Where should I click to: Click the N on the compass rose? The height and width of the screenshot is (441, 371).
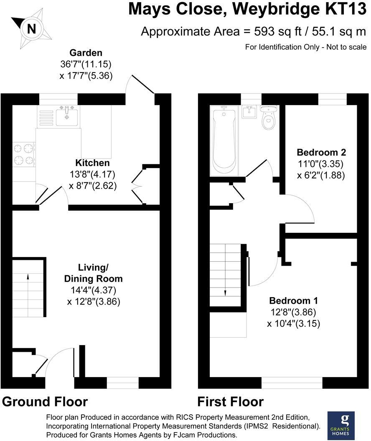point(31,29)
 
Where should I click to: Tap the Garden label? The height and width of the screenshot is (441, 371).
point(86,53)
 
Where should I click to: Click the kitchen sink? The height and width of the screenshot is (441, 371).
point(67,115)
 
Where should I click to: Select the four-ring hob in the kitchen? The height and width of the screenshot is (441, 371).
point(24,154)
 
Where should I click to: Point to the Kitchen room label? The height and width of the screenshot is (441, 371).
point(92,163)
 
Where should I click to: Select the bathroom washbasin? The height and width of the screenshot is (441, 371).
point(249,112)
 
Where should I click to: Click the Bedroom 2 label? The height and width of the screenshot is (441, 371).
point(321,152)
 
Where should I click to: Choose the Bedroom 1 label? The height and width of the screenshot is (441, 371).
point(294,301)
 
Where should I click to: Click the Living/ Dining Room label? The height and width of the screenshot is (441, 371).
point(93,273)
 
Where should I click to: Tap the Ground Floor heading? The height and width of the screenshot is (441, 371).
point(45,402)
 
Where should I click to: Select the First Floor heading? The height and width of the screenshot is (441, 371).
point(231,402)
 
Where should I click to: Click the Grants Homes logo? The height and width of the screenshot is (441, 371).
point(341,425)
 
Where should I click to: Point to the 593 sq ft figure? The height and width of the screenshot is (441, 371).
point(278,32)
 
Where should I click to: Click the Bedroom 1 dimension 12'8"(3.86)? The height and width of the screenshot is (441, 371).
point(293,312)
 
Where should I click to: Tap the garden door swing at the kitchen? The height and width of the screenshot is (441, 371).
point(140,85)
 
